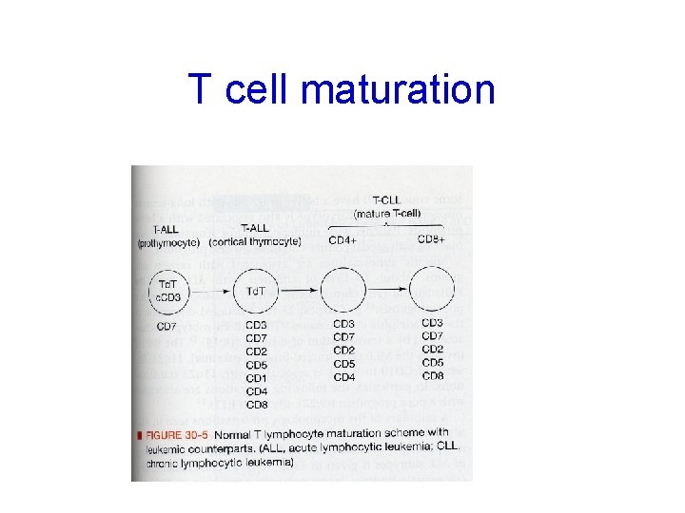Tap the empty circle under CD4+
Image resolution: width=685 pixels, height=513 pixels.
tap(343, 290)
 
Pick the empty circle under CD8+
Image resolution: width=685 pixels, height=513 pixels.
tap(431, 290)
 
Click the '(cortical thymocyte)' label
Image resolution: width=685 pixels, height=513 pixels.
tap(255, 241)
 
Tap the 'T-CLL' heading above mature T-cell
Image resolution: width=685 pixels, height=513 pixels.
tap(387, 201)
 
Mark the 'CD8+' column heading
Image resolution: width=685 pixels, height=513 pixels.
tap(432, 240)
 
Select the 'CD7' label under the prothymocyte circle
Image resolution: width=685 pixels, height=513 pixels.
tap(166, 329)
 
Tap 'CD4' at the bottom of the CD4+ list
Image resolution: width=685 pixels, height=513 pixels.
tap(344, 377)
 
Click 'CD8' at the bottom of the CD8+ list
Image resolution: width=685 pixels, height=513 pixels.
tap(432, 375)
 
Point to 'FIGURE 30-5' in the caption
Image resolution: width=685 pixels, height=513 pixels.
tap(179, 434)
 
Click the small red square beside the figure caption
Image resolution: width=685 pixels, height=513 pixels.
tap(140, 434)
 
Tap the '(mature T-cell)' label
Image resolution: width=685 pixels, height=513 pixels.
tap(387, 215)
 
